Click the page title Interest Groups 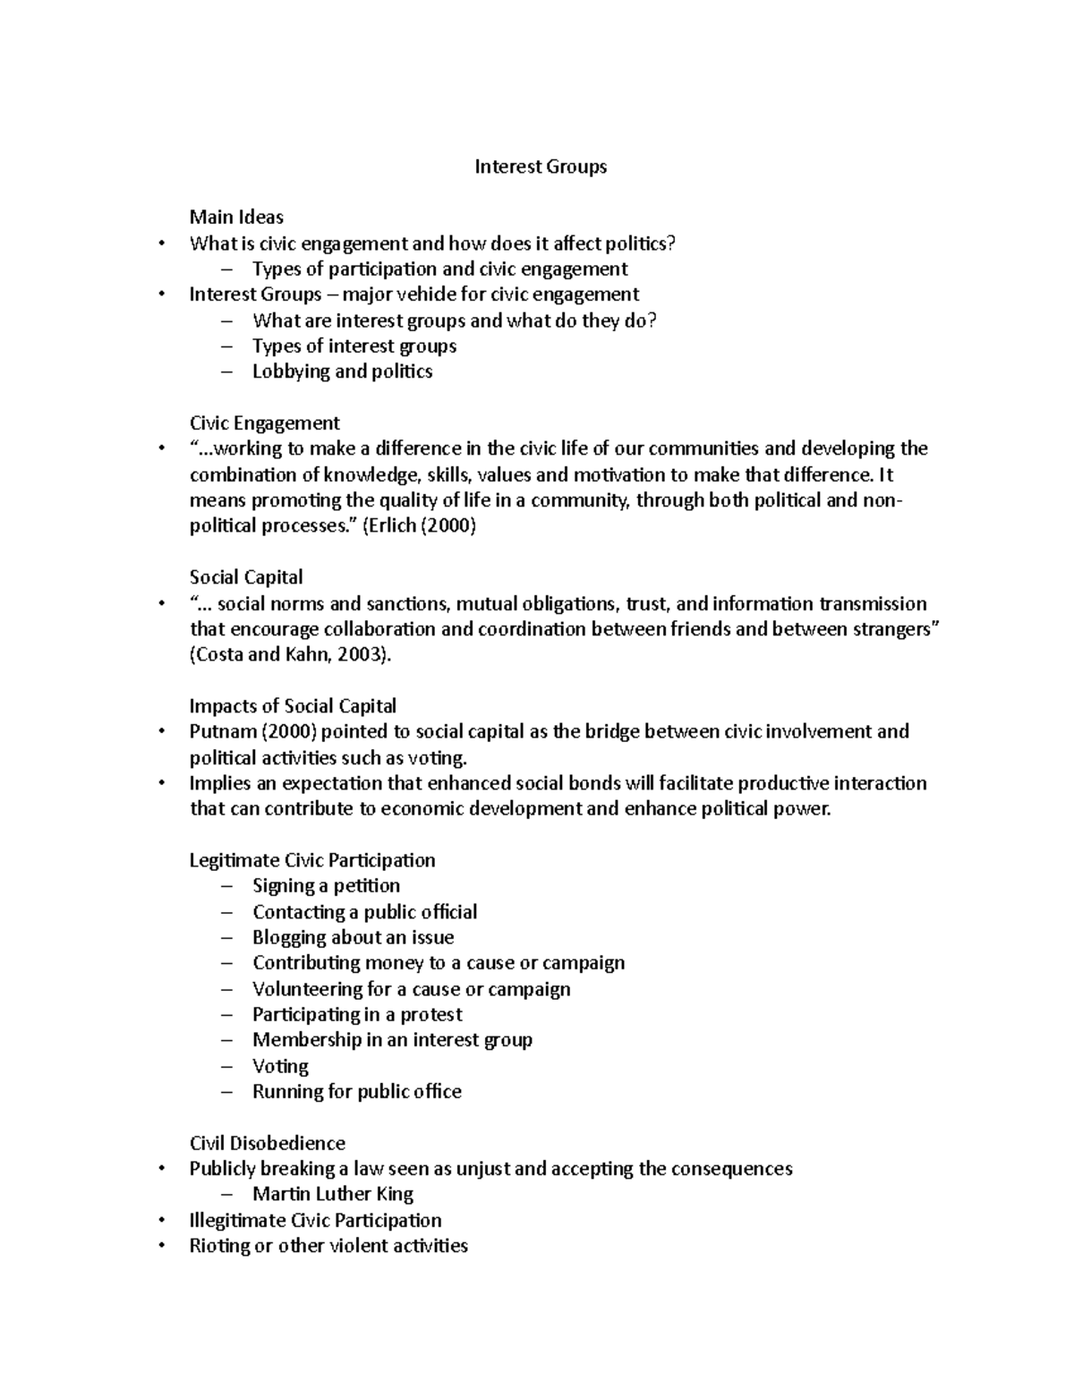pos(540,166)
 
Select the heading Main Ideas pos(236,217)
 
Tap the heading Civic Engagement pos(264,422)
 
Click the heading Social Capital pos(246,577)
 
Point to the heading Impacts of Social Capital pos(293,706)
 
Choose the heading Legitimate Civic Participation pos(312,860)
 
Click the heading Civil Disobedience pos(267,1143)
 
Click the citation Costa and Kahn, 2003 pos(291,654)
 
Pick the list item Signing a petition pos(326,886)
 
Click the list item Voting pos(280,1066)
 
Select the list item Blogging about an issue pos(353,937)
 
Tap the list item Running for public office pos(356,1092)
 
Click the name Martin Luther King pos(332,1194)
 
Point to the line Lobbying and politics pos(342,371)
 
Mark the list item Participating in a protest pos(357,1014)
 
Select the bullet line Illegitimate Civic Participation pos(315,1220)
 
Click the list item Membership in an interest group pos(392,1040)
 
